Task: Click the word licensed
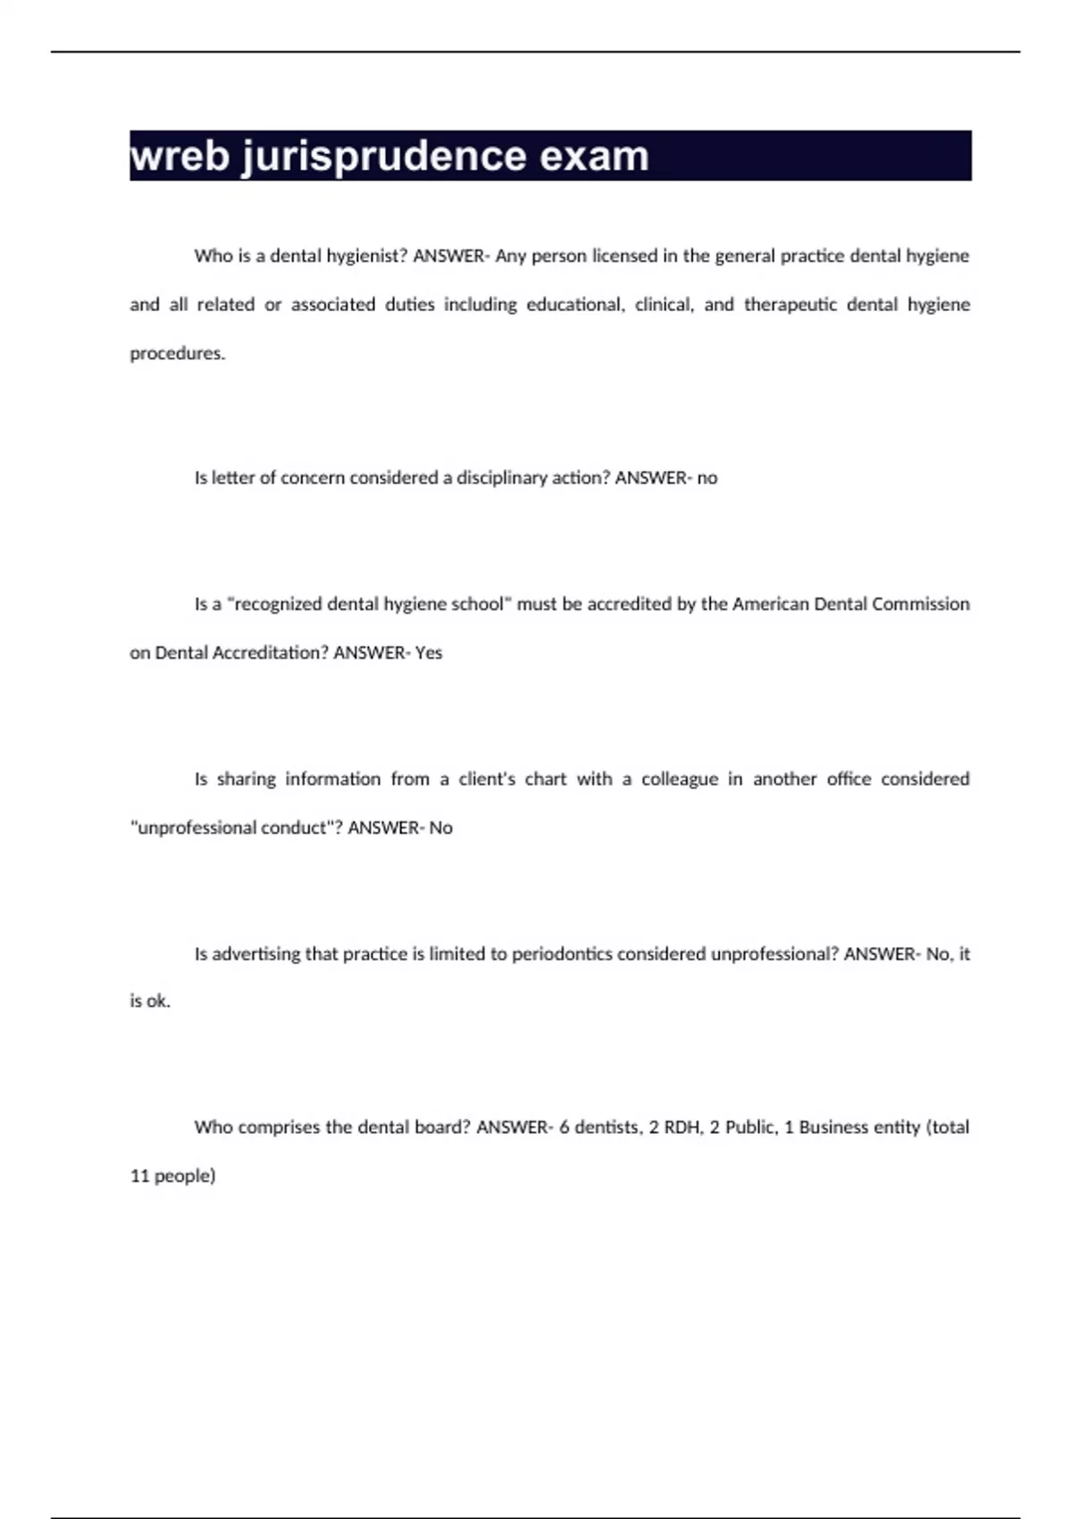click(623, 256)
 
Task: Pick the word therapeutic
click(790, 305)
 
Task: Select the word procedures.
click(177, 354)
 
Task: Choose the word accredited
click(624, 604)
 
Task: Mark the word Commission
click(920, 604)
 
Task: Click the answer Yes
click(429, 653)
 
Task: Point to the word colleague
click(680, 779)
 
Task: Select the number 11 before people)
click(139, 1177)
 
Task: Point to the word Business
click(833, 1128)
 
